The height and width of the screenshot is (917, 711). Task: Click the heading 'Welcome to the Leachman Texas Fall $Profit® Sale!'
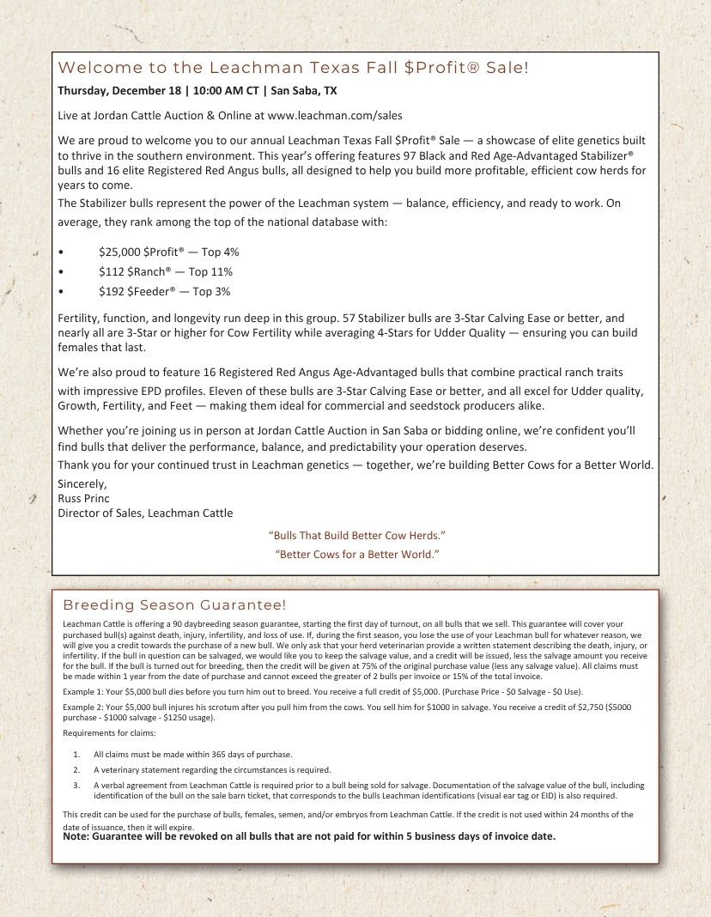(x=293, y=68)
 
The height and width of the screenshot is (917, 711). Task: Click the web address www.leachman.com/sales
(x=335, y=114)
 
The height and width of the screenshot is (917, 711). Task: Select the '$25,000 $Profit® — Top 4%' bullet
(x=168, y=252)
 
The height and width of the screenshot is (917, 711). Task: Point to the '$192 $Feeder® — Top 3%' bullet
(x=164, y=292)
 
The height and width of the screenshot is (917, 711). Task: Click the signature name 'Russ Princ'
(x=83, y=498)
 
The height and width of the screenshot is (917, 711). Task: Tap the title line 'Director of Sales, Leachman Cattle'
(x=145, y=513)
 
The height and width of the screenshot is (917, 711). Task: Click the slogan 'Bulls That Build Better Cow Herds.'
(x=356, y=536)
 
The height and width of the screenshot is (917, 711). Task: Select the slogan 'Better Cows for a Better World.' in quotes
(x=356, y=554)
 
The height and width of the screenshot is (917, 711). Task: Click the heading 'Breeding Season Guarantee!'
(x=174, y=605)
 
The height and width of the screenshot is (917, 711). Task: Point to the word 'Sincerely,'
(x=82, y=483)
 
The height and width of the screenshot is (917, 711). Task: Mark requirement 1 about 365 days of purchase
(x=193, y=754)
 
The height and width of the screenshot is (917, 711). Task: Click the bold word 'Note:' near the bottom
(x=76, y=836)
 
